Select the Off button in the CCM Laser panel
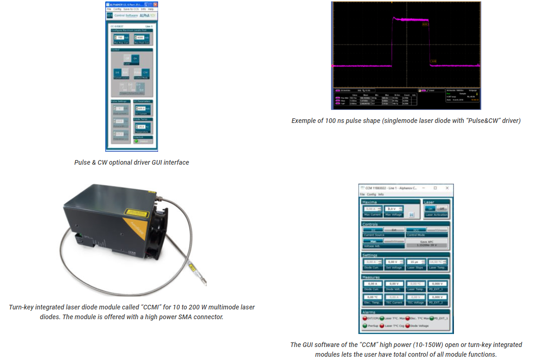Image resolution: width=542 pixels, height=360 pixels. [x=442, y=209]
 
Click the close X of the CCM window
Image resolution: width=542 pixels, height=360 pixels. [x=447, y=188]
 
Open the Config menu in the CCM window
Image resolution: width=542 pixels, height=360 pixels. [x=371, y=194]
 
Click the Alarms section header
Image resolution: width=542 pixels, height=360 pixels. [x=369, y=312]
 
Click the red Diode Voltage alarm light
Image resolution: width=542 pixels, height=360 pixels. [x=408, y=326]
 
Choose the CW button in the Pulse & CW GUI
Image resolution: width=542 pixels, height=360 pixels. [x=145, y=72]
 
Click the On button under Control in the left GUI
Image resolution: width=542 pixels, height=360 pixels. [x=135, y=58]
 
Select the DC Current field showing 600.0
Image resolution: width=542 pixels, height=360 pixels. [x=140, y=108]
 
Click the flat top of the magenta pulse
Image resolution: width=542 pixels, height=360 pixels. [x=410, y=19]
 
